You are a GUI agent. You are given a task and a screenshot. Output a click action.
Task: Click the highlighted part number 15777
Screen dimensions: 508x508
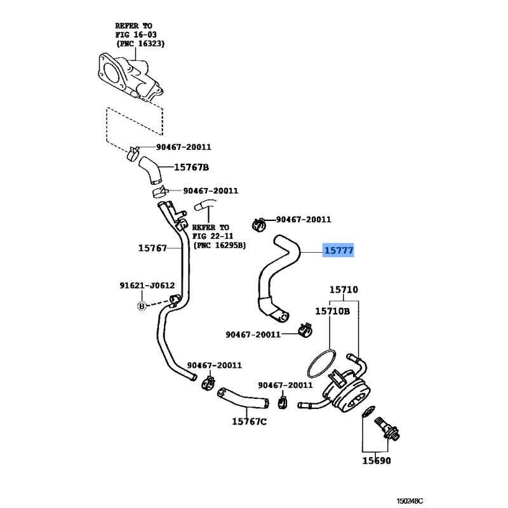tap(338, 251)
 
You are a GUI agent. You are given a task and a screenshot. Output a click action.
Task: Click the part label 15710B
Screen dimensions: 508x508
tap(333, 311)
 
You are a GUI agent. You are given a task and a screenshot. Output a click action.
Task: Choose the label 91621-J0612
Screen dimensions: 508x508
tap(147, 286)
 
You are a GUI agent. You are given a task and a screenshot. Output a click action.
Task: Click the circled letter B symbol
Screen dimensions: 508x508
tap(142, 307)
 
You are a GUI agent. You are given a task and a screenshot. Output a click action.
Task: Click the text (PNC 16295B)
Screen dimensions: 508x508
tap(220, 245)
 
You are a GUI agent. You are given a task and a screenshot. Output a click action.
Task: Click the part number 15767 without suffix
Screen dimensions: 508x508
tap(152, 248)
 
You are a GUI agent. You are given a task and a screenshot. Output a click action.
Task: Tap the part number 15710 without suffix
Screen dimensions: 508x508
tap(344, 290)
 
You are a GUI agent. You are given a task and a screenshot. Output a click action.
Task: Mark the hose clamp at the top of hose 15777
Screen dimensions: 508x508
tap(259, 222)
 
